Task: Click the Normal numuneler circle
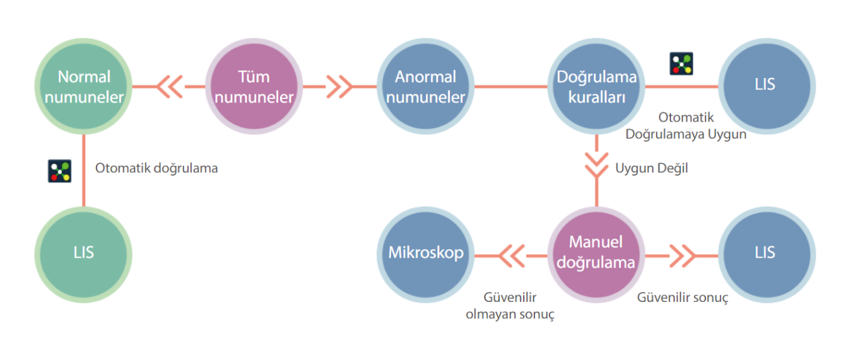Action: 84,87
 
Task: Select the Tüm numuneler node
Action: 254,87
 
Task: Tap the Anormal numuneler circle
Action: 425,87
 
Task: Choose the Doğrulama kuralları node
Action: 596,87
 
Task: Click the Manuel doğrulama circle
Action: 596,253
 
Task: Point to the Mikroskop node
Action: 425,253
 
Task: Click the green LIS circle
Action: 84,253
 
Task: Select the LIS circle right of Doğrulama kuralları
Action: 767,85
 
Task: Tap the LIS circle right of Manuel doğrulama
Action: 767,253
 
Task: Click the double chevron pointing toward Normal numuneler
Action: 170,87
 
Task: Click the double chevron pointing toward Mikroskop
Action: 511,253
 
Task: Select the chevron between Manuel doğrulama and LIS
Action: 682,253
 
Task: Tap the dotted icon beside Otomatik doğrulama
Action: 59,170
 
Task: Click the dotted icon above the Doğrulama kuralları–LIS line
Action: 682,63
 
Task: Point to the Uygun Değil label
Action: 651,168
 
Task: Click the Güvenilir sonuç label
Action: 682,298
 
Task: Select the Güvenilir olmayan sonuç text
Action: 511,306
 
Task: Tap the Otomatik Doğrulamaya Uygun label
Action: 686,126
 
